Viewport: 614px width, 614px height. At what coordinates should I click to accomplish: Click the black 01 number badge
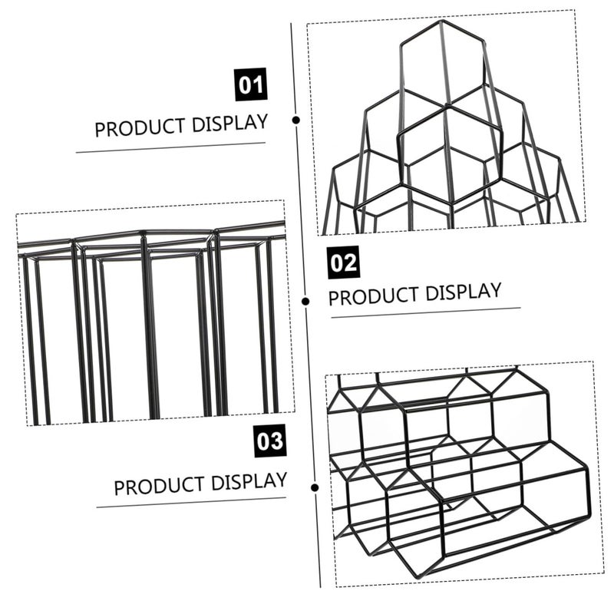coord(251,84)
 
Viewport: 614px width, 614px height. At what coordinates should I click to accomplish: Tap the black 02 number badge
coord(343,262)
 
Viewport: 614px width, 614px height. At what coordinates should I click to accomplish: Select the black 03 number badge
coord(270,441)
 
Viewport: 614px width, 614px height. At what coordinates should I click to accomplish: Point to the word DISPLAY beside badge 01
coord(229,123)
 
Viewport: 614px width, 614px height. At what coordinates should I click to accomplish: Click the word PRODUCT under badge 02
coord(374,297)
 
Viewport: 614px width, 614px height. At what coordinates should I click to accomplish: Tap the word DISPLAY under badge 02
coord(464,292)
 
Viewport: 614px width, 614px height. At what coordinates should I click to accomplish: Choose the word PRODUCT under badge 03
coord(159,486)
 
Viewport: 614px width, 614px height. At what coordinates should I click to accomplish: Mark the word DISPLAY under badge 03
coord(249,481)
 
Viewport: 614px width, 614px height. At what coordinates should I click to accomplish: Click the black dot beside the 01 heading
coord(296,120)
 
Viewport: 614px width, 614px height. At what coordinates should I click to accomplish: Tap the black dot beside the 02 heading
coord(305,301)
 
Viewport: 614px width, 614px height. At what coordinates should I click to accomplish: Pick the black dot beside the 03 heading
coord(315,487)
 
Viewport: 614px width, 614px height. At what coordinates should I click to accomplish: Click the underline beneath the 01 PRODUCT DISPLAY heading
coord(170,147)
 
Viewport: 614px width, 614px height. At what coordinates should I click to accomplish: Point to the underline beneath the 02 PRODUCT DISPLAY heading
coord(426,313)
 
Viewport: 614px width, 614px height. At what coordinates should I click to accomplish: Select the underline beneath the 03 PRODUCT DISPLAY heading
coord(191,503)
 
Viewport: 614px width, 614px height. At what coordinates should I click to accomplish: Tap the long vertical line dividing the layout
coord(305,305)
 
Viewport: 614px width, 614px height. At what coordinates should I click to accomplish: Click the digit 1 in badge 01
coord(258,84)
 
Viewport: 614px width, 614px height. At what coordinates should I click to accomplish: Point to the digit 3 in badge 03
coord(276,441)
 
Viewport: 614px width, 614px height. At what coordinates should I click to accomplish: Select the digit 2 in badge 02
coord(351,262)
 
